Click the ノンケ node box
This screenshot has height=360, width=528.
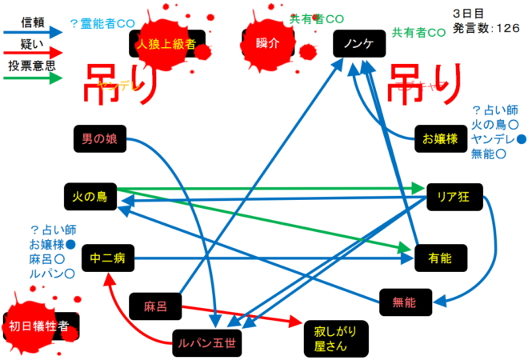(x=358, y=43)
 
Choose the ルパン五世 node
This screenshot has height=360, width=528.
(x=206, y=342)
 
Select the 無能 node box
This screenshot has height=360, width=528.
(x=405, y=302)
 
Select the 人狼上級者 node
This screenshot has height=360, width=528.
(x=166, y=43)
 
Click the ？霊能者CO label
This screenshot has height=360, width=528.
(x=105, y=23)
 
